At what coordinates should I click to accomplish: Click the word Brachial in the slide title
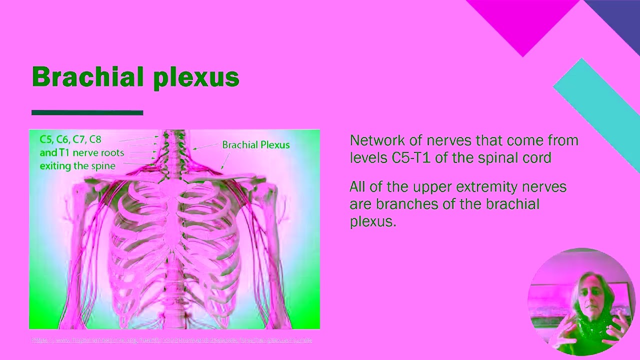[x=87, y=77]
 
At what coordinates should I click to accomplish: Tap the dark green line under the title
[x=87, y=113]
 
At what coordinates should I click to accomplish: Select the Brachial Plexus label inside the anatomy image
[x=255, y=145]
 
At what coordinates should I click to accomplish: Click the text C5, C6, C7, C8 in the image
[x=70, y=139]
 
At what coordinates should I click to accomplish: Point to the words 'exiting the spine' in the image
[x=77, y=166]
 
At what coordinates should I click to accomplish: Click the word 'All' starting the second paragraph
[x=357, y=187]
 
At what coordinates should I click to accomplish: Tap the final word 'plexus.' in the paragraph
[x=372, y=221]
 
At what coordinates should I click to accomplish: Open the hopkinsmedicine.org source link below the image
[x=171, y=340]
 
